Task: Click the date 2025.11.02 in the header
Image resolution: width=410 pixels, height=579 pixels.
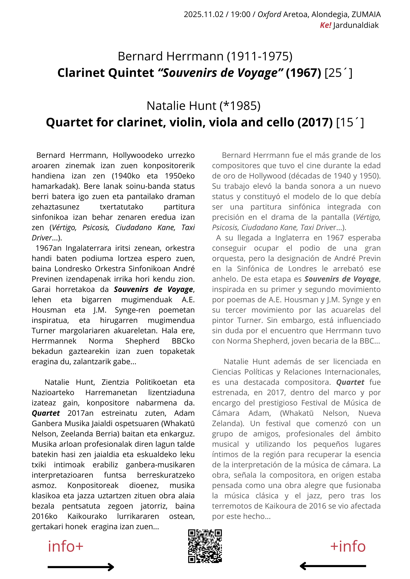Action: pos(204,14)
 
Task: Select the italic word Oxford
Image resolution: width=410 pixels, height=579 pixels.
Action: pos(269,14)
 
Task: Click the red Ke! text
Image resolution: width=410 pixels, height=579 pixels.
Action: pos(325,25)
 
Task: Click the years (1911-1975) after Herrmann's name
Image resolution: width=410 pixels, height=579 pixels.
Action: pos(260,56)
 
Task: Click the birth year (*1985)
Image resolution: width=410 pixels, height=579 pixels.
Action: pos(240,106)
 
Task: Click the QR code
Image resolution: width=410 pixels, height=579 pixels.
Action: pos(205,546)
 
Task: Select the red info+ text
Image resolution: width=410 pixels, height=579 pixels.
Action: pos(65,546)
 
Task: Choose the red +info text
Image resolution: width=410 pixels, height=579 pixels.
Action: pos(348,546)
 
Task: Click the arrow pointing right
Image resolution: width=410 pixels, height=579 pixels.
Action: pos(81,567)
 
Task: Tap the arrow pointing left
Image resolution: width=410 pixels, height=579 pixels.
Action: pos(333,566)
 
